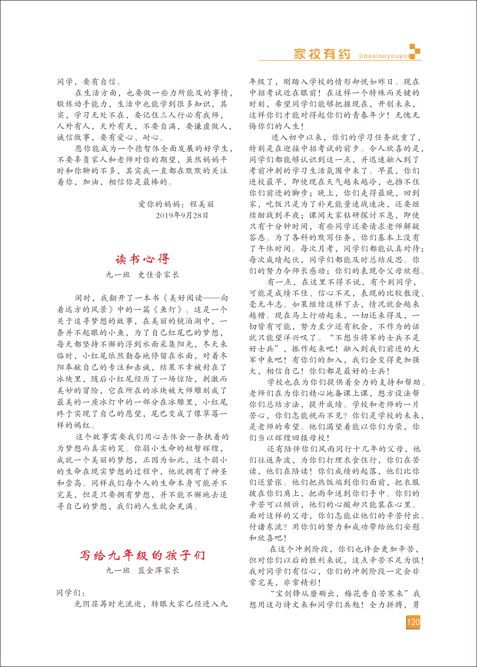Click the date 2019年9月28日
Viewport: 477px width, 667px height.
point(182,215)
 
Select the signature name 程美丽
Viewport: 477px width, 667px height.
point(202,204)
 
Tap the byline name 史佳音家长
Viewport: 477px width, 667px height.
point(159,275)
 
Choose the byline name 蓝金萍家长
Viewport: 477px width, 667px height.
point(159,571)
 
